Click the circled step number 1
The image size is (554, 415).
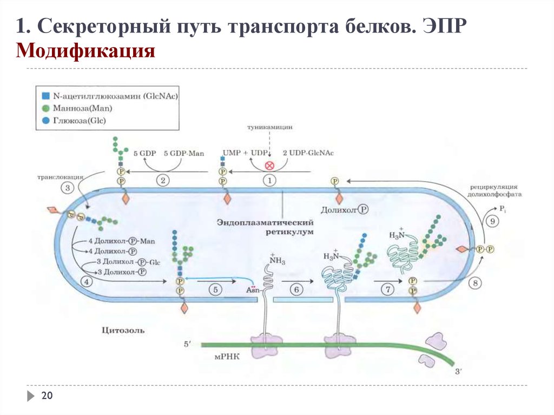(x=269, y=181)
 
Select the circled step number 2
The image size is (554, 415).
(x=162, y=181)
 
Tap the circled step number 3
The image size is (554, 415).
(x=68, y=188)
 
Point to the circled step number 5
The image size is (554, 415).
(x=215, y=291)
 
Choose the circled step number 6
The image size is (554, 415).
(x=296, y=291)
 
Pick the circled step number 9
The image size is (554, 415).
(x=492, y=221)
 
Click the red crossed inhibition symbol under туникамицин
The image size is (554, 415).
(x=269, y=166)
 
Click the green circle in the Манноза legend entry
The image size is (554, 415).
(x=45, y=109)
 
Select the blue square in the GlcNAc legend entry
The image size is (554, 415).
(x=45, y=96)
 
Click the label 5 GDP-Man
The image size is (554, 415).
(x=183, y=154)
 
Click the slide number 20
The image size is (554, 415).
(x=47, y=397)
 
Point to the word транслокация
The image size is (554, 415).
(x=60, y=177)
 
